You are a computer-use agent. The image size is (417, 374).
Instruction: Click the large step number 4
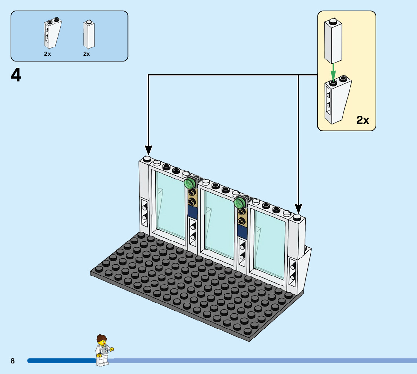[16, 75]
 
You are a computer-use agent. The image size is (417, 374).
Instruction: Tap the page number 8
[12, 361]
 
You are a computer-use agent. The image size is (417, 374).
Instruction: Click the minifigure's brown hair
[101, 338]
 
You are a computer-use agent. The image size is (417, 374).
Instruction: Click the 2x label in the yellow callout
[362, 120]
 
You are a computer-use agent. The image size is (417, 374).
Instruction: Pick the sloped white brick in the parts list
[53, 33]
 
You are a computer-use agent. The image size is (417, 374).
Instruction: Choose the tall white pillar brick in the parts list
[89, 35]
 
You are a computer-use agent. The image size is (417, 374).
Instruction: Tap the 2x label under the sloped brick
[48, 54]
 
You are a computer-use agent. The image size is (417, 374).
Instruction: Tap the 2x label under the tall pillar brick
[86, 54]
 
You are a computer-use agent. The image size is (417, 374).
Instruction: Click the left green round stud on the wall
[189, 183]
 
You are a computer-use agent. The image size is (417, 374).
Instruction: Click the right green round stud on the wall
[239, 203]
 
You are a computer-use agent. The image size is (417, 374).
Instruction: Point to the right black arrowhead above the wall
[298, 208]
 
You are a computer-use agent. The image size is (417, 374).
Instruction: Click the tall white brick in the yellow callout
[333, 41]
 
